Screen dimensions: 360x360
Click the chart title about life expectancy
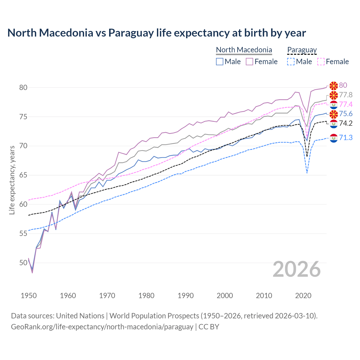(156, 33)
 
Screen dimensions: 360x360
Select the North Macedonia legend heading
(244, 50)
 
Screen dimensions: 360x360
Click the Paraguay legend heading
(302, 50)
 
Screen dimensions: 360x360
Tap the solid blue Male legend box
(220, 62)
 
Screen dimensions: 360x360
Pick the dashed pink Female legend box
(321, 62)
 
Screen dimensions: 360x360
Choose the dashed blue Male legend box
(291, 62)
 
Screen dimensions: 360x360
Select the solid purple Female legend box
(249, 62)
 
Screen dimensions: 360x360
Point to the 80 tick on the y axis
(23, 87)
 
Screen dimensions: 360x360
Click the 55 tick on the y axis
(23, 233)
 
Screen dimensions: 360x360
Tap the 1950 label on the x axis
(29, 296)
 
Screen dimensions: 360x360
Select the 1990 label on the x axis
(186, 296)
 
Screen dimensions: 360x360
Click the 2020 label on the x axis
(303, 296)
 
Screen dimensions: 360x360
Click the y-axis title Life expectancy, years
(12, 180)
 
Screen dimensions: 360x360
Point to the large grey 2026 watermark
(296, 269)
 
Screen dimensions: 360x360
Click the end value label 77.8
(346, 95)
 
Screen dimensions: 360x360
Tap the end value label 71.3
(346, 138)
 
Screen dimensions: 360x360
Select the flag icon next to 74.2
(334, 123)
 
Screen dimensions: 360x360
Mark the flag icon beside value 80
(334, 85)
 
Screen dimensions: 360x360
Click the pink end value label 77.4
(346, 104)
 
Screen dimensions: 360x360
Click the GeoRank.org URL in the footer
(102, 327)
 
